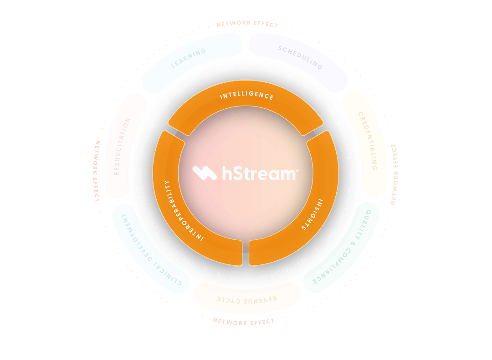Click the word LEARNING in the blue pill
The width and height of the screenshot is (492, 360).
pos(189,58)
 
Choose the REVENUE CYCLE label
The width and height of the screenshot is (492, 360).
pos(246,300)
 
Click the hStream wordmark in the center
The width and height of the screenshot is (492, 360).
pos(259,173)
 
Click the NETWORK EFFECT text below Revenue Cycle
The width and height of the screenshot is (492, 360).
pos(244,322)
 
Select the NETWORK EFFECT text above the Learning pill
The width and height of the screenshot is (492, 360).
pos(247,24)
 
